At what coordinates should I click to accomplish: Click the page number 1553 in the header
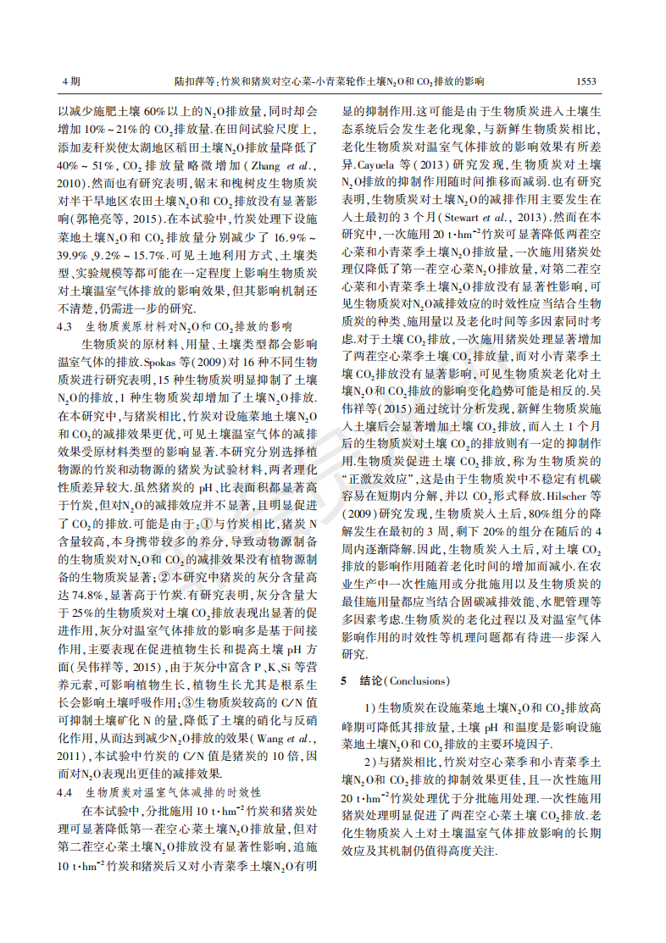pyautogui.click(x=586, y=81)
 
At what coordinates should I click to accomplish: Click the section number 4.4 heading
pyautogui.click(x=65, y=793)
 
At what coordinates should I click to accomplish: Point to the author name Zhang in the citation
pyautogui.click(x=263, y=164)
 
